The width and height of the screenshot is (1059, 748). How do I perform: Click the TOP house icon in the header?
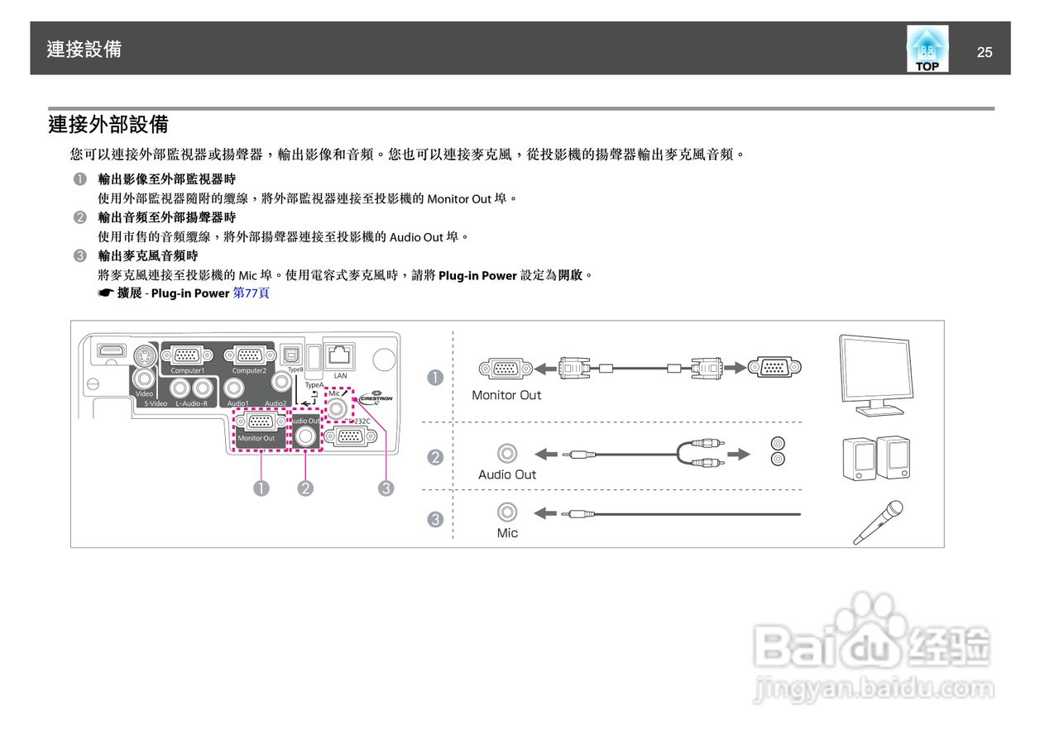point(927,49)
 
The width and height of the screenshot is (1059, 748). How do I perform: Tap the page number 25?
point(985,52)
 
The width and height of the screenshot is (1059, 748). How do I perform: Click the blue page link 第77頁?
point(252,293)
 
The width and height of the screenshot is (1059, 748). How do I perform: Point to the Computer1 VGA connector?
point(186,355)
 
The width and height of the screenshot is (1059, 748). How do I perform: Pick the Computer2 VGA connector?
point(249,355)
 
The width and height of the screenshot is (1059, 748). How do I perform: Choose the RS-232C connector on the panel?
point(351,436)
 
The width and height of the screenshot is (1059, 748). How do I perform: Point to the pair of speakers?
point(876,457)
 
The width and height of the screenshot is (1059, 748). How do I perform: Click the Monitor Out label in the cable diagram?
point(506,395)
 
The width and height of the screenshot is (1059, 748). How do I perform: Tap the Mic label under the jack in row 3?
point(507,533)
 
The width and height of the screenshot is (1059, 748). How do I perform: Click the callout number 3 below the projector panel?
point(386,488)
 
